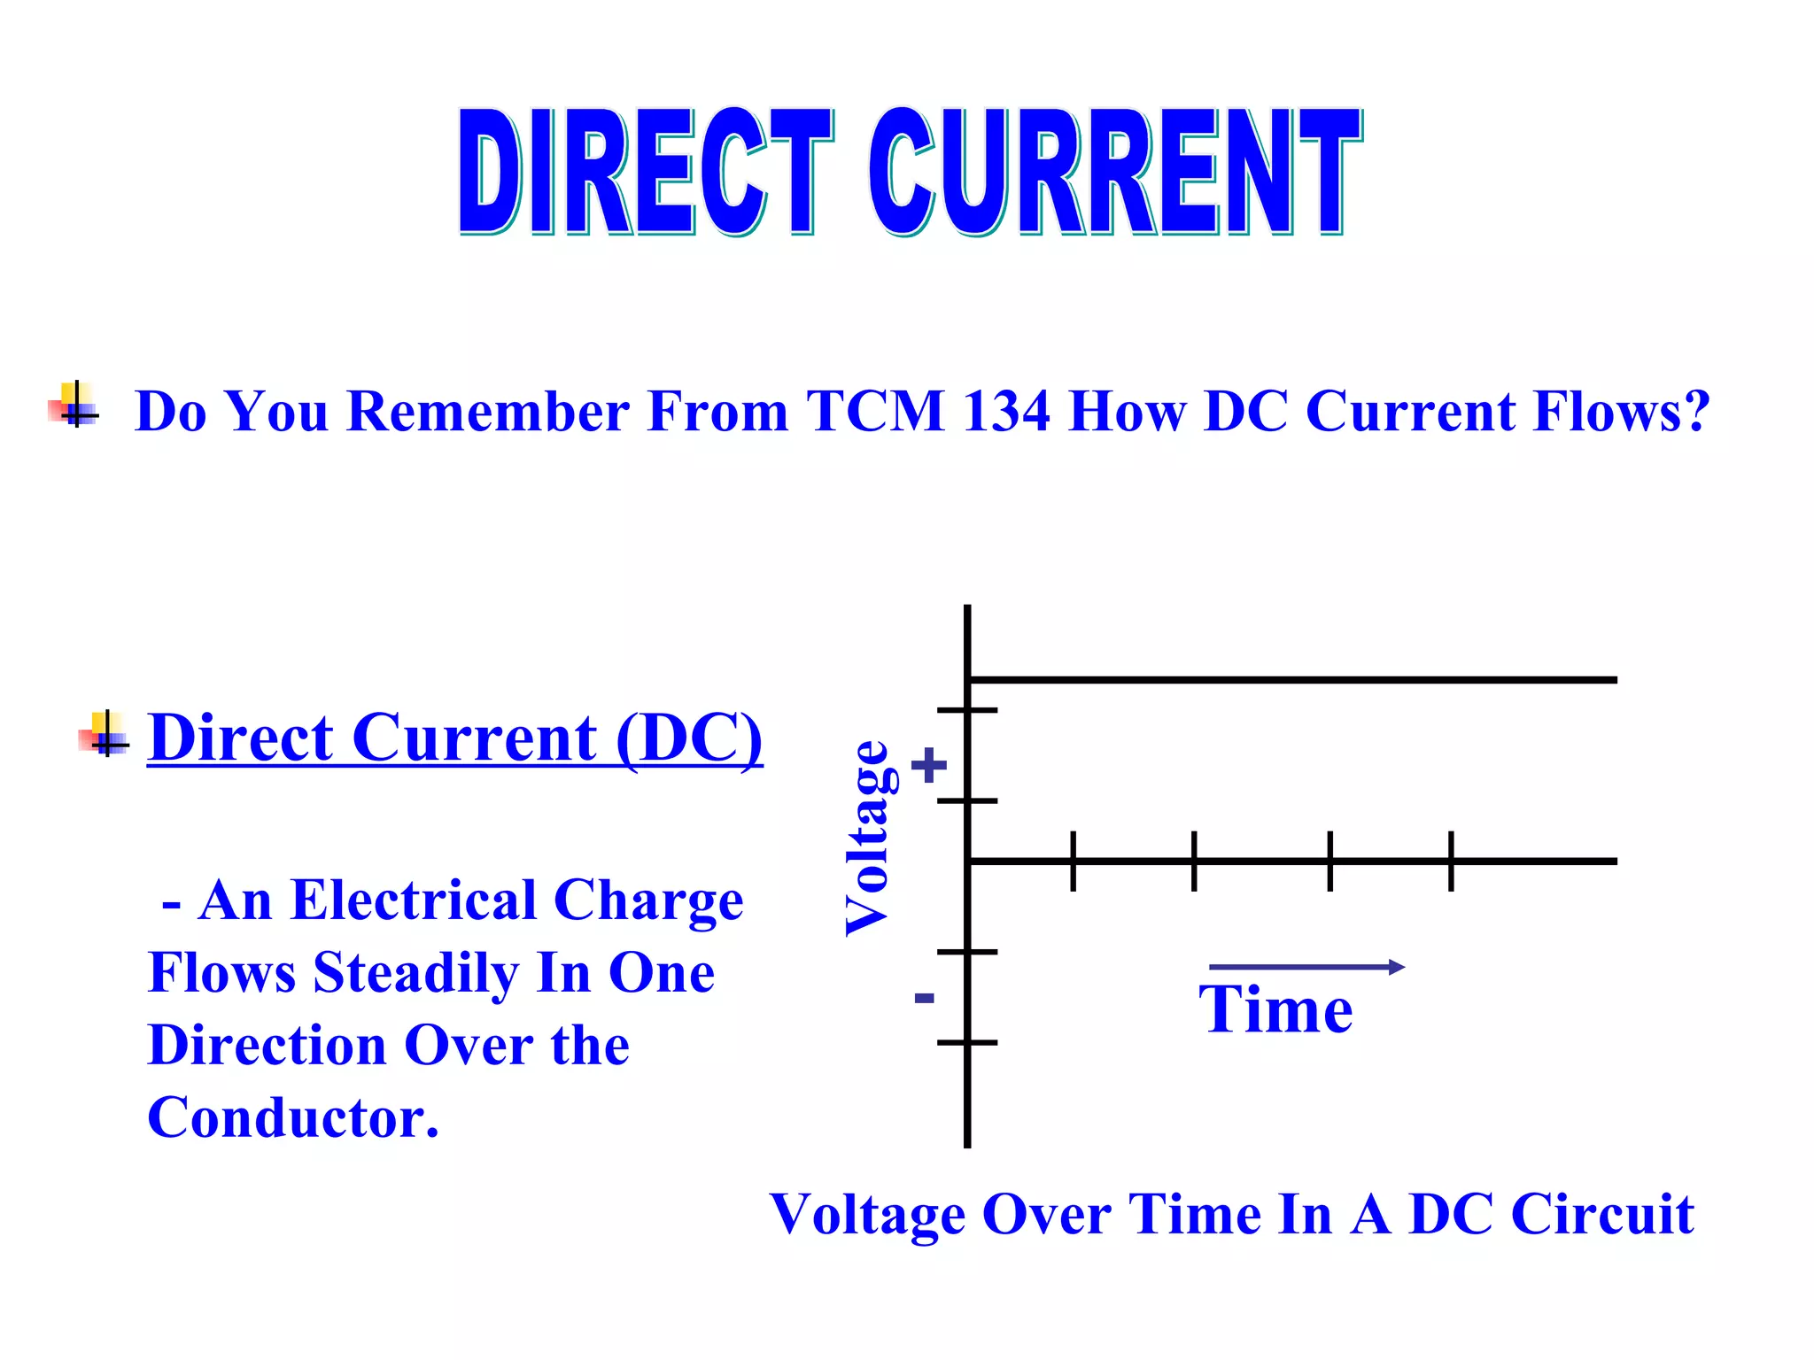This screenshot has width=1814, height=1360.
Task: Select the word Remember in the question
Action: point(487,412)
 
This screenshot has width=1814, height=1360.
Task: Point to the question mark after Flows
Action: point(1695,412)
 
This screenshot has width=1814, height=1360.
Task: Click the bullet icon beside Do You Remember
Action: point(75,406)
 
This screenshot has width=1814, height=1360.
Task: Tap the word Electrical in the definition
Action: point(414,900)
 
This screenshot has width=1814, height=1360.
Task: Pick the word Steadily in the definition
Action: point(415,974)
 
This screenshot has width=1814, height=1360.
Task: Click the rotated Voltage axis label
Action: point(868,838)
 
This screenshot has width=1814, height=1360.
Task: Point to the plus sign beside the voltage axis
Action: point(928,765)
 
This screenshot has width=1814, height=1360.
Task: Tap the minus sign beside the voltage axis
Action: point(924,999)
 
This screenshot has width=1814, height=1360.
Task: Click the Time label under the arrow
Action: point(1275,1009)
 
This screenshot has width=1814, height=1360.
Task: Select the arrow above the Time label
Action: point(1306,967)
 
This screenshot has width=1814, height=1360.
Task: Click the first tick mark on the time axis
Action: point(1073,861)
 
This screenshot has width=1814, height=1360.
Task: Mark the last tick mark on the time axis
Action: point(1451,861)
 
